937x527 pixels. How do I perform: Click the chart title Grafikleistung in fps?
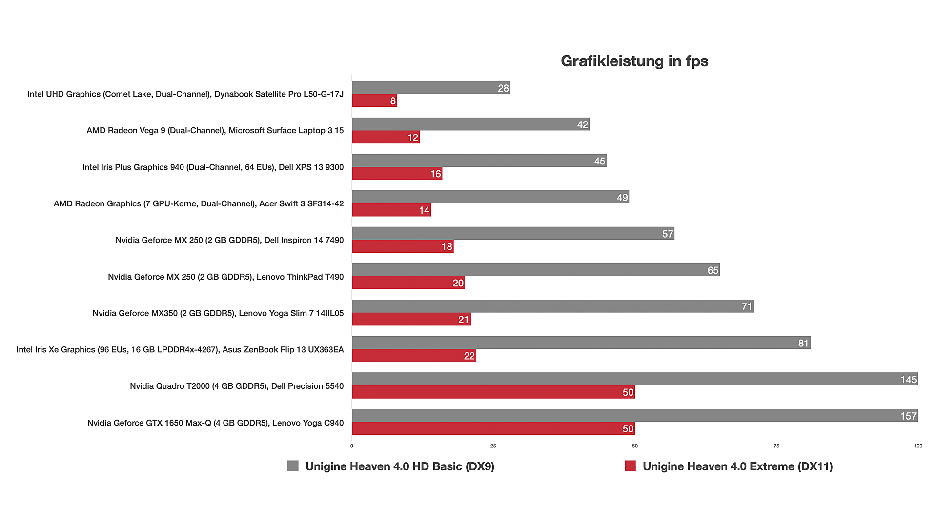point(634,61)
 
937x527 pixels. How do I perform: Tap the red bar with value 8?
point(374,101)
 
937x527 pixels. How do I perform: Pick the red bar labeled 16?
point(397,174)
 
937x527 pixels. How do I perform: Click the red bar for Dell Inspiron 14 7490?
point(402,246)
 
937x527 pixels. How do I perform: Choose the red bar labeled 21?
point(411,319)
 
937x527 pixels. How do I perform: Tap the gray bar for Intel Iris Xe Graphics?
point(581,343)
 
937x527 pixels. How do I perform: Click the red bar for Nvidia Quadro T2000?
point(493,392)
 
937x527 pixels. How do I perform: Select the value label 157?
point(908,416)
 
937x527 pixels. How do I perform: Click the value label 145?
point(908,380)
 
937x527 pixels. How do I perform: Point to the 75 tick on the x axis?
point(776,446)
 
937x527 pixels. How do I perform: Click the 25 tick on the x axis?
point(493,446)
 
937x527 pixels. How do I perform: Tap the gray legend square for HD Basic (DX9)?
point(293,466)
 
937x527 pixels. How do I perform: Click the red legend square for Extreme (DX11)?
point(630,466)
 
